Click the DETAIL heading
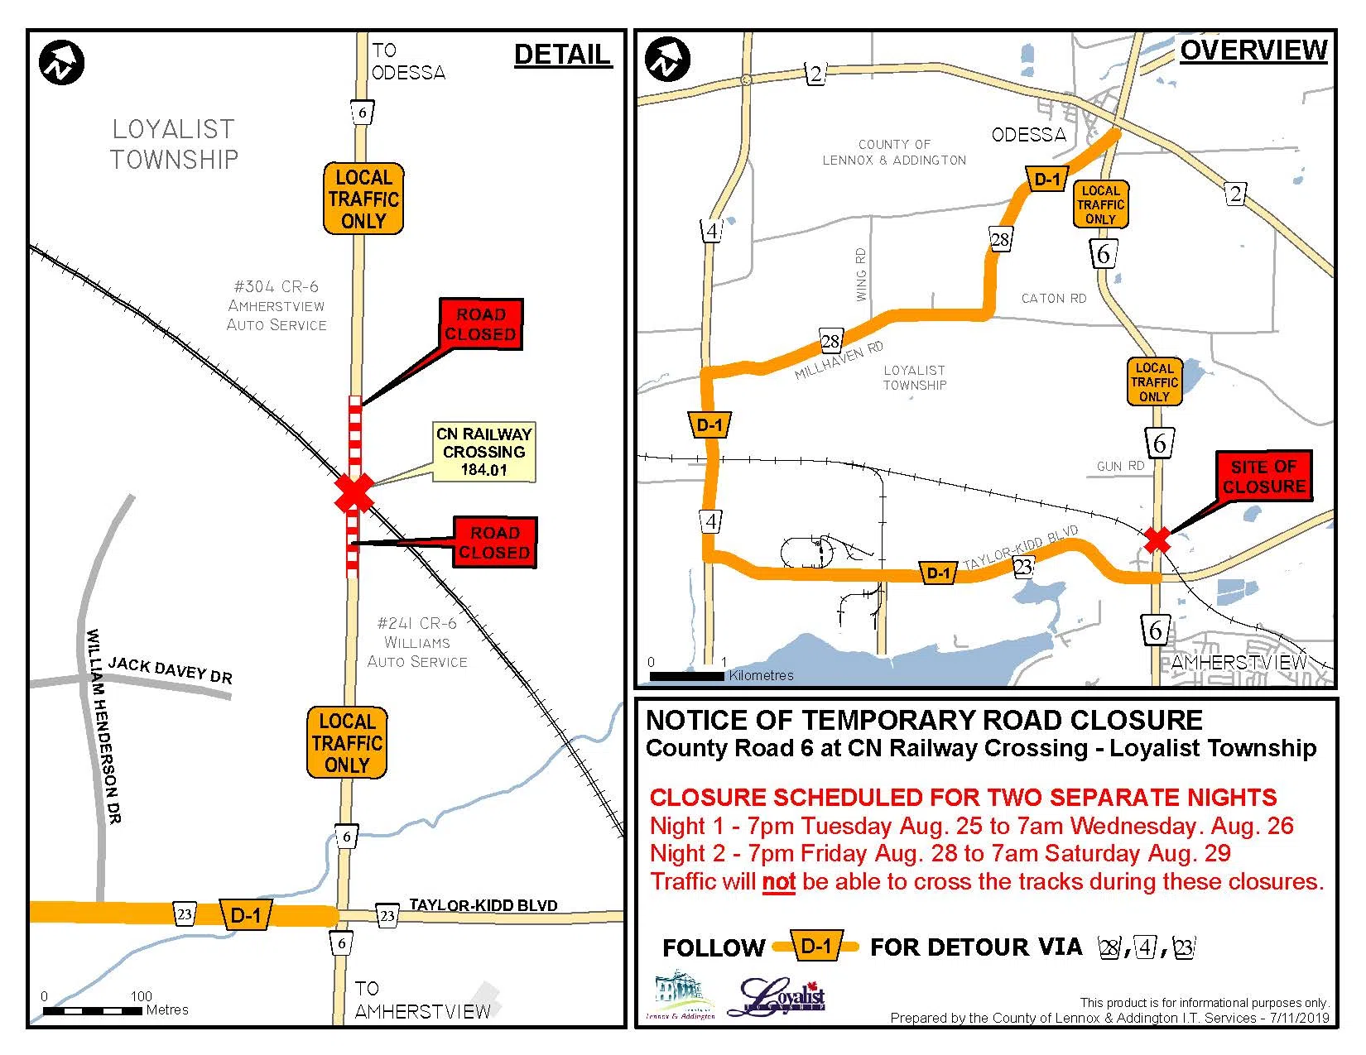click(x=562, y=55)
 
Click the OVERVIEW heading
click(x=1253, y=50)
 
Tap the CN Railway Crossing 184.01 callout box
click(x=484, y=452)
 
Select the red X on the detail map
click(x=354, y=493)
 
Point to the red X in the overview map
click(x=1157, y=539)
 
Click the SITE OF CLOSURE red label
click(x=1263, y=477)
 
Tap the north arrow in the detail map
click(x=61, y=62)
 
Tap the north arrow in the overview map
click(x=667, y=60)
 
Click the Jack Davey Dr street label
click(x=170, y=669)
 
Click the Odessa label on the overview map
click(x=1028, y=134)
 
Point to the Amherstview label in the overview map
click(x=1239, y=662)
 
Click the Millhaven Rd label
click(x=839, y=360)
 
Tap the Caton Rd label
click(x=1053, y=298)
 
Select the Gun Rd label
click(x=1120, y=466)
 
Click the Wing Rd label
click(x=861, y=274)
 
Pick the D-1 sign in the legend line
click(x=816, y=946)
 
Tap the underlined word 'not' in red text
click(x=778, y=882)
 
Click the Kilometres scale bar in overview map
click(x=686, y=676)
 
